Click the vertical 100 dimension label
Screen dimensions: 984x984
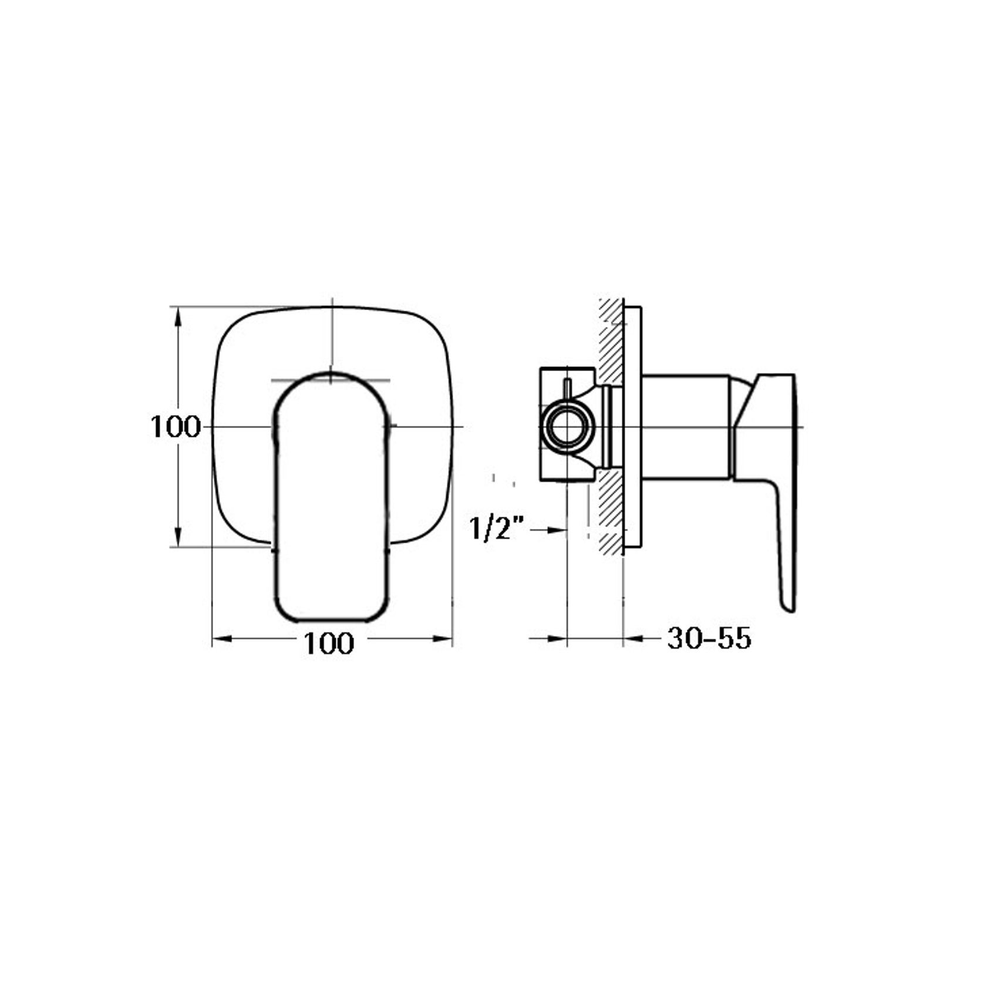(175, 427)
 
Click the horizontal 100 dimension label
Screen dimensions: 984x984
(329, 643)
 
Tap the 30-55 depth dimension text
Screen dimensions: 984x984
(709, 638)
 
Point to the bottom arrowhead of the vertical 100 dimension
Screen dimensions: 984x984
(178, 538)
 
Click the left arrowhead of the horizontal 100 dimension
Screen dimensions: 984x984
(221, 639)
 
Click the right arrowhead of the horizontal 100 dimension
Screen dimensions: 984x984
(443, 639)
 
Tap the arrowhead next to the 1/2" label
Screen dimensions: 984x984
(557, 530)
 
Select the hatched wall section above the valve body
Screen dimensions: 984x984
(611, 341)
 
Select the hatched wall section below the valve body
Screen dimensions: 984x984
(611, 511)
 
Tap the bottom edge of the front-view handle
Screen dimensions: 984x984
(331, 619)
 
